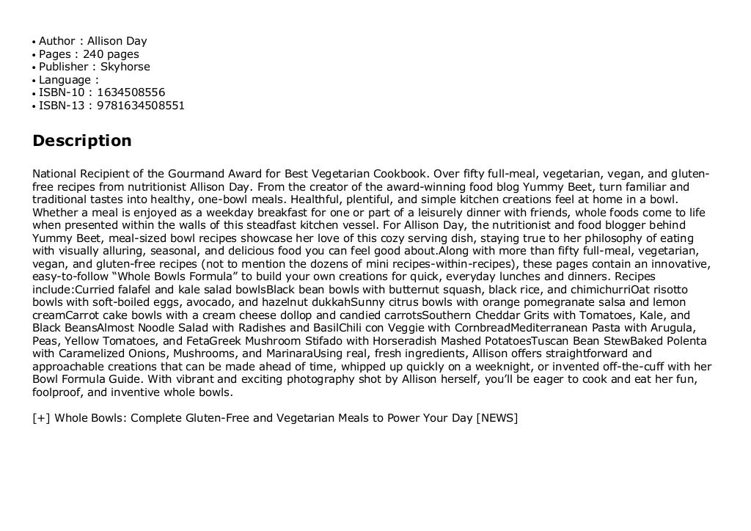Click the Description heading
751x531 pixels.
tap(82, 141)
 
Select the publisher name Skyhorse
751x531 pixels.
tap(125, 67)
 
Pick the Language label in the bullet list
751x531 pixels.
tap(65, 80)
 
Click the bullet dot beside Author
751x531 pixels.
tap(34, 42)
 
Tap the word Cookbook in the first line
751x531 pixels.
tap(400, 175)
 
